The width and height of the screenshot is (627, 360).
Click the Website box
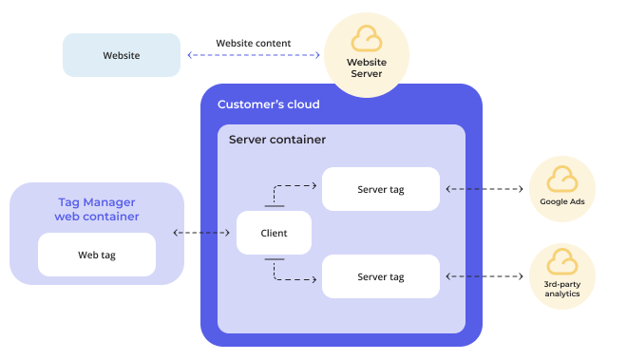122,55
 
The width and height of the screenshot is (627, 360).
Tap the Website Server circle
367,55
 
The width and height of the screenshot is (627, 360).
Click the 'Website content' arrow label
254,43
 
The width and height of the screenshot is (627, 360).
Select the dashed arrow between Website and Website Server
254,55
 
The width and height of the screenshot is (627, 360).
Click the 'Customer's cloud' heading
269,104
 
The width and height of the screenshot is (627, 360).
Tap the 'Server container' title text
277,140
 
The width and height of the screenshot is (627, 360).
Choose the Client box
275,233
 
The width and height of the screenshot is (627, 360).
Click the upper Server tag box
381,189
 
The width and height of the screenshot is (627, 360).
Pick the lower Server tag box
381,276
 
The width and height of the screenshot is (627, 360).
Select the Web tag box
97,255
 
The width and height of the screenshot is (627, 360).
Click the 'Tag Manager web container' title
97,209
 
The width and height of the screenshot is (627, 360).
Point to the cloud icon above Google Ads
562,179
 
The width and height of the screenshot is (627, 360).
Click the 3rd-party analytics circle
562,275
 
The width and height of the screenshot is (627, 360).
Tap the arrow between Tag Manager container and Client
204,233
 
